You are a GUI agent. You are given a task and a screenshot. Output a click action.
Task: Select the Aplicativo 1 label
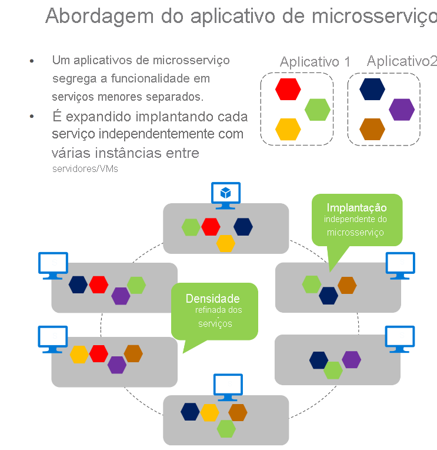(x=315, y=62)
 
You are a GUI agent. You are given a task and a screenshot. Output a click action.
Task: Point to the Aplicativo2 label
(x=402, y=61)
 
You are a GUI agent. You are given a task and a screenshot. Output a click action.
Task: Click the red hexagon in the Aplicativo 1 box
(x=288, y=89)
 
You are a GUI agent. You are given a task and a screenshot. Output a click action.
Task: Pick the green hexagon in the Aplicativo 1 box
(x=318, y=109)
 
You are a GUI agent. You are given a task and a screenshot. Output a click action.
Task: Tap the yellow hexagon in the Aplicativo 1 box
(x=288, y=129)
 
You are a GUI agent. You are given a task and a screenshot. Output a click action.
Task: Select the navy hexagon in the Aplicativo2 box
(x=372, y=89)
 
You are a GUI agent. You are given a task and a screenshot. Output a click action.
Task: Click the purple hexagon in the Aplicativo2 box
(x=402, y=109)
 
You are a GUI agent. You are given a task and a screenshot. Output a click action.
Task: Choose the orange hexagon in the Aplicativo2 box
(x=372, y=129)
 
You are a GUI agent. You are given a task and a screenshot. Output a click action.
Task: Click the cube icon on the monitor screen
(x=225, y=193)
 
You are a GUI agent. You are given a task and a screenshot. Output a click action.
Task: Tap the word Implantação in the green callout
(x=356, y=207)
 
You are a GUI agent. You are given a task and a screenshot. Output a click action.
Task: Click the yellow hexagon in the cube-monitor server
(x=225, y=243)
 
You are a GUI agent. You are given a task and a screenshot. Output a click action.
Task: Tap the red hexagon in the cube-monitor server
(x=210, y=226)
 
